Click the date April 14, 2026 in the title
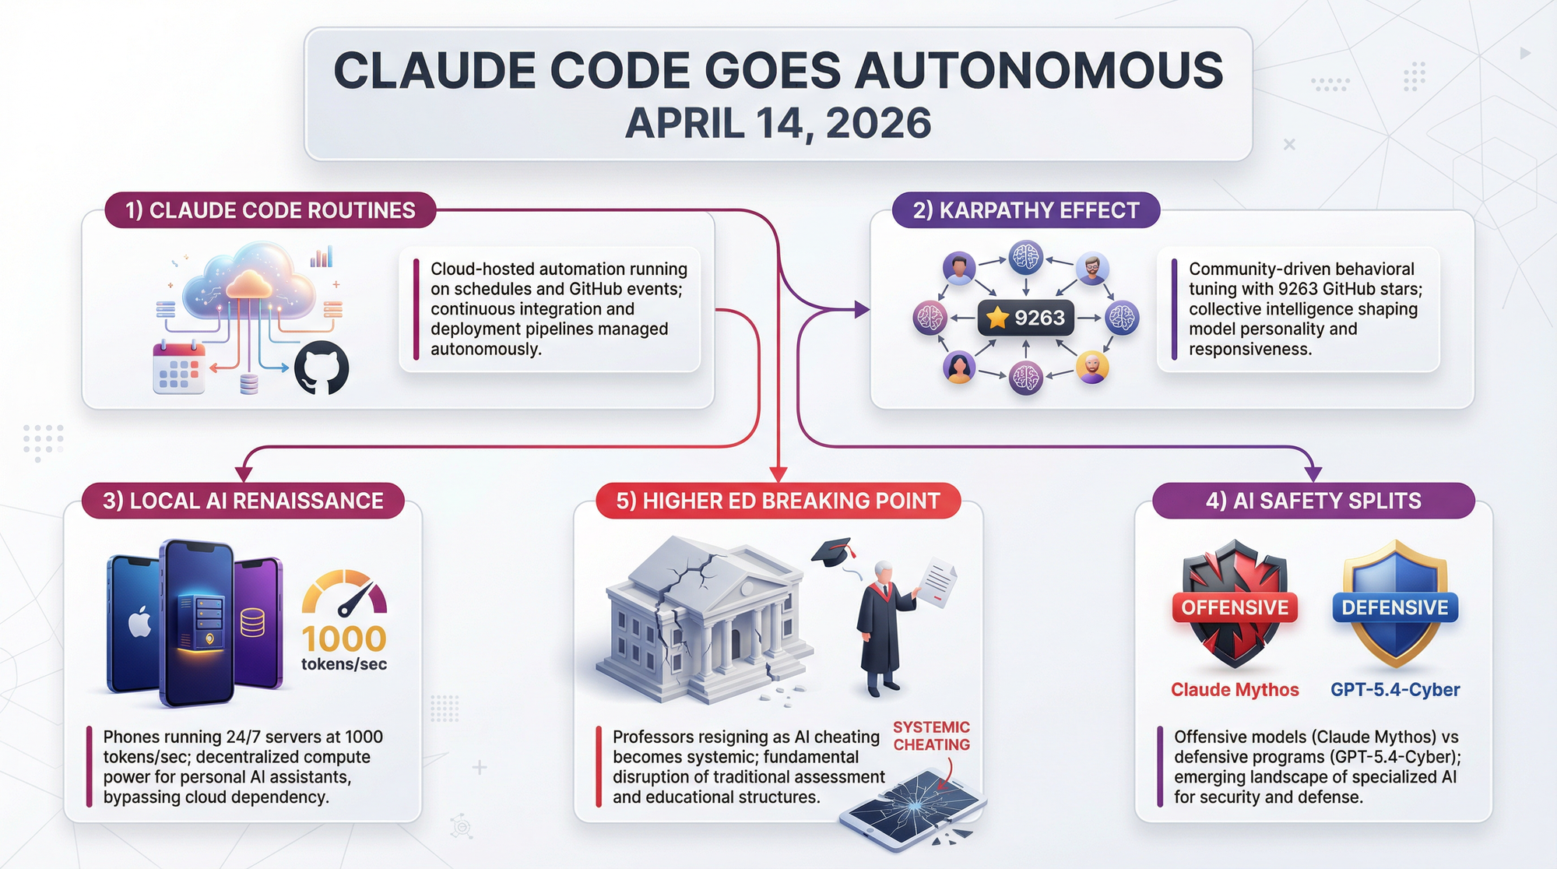(x=778, y=124)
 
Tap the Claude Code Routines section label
(x=270, y=210)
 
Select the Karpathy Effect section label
(x=1026, y=210)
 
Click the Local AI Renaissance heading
(x=243, y=501)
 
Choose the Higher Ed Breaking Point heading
(x=778, y=501)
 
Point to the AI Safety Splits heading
(x=1313, y=501)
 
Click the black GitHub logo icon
(x=322, y=368)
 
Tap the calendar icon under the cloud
(x=179, y=368)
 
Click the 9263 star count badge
(x=1025, y=318)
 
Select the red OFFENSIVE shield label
(x=1235, y=607)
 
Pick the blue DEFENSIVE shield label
(x=1395, y=607)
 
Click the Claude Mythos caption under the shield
(x=1235, y=690)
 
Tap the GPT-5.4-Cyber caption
(x=1395, y=690)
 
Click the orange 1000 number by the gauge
(x=344, y=639)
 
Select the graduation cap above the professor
(x=834, y=551)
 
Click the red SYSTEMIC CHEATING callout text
(x=931, y=736)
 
